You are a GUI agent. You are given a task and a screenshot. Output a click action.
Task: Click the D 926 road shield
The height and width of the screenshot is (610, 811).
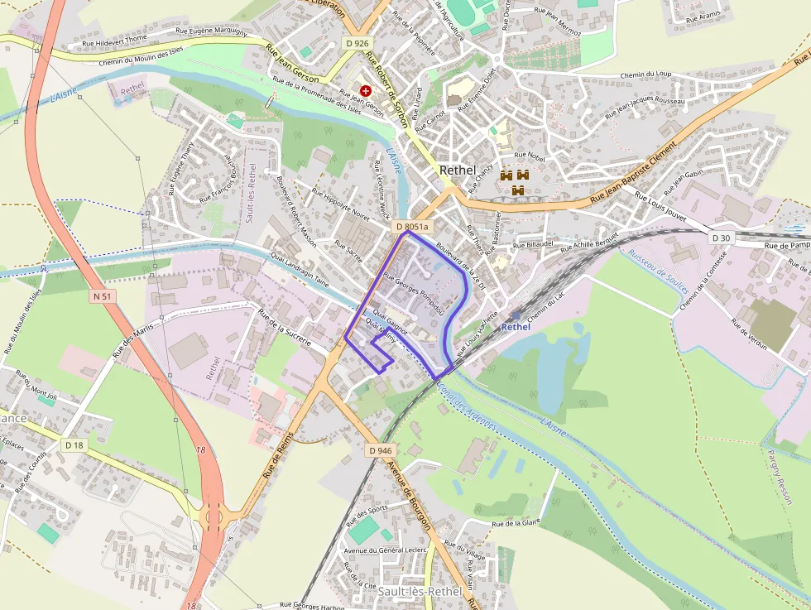[357, 43]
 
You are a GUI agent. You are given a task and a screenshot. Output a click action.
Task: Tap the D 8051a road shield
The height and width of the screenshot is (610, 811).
[411, 227]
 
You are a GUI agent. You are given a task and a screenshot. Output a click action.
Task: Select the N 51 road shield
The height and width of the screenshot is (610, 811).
[103, 295]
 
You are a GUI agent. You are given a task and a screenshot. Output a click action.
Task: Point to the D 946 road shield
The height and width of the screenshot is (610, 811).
[381, 450]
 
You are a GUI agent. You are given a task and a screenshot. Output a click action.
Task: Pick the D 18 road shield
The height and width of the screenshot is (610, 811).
[74, 445]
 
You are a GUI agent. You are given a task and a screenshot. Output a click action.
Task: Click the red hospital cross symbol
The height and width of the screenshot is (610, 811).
[366, 89]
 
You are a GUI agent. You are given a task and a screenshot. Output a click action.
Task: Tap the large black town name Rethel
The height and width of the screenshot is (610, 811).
[458, 170]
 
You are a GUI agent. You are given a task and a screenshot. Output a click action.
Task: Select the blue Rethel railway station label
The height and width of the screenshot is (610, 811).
[516, 326]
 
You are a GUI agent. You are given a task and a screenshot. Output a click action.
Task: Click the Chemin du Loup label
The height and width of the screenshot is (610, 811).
[646, 74]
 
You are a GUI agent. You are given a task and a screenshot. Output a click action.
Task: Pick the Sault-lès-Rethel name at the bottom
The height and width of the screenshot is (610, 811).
[420, 592]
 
